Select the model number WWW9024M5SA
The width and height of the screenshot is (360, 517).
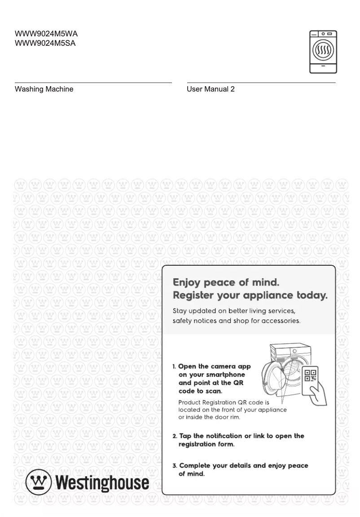point(45,44)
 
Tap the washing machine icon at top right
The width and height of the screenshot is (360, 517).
point(323,52)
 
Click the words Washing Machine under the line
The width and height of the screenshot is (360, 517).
point(44,89)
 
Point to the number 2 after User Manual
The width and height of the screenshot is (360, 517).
point(233,89)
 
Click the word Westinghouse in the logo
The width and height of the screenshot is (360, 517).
point(102,482)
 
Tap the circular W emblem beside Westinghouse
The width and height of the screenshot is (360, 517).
point(39,482)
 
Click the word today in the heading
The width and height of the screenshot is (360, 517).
point(312,296)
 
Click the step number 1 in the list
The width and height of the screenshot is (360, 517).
point(174,367)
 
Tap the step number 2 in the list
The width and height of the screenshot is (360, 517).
point(175,436)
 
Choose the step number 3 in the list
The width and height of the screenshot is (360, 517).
point(175,466)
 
